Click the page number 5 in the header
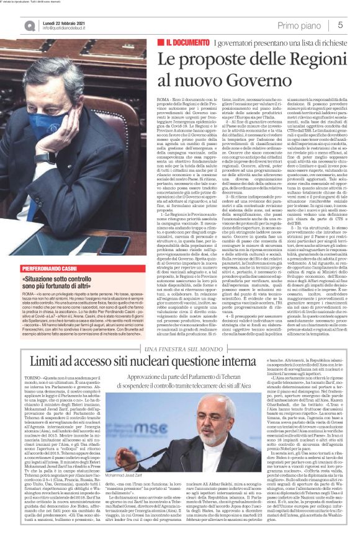point(341,24)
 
